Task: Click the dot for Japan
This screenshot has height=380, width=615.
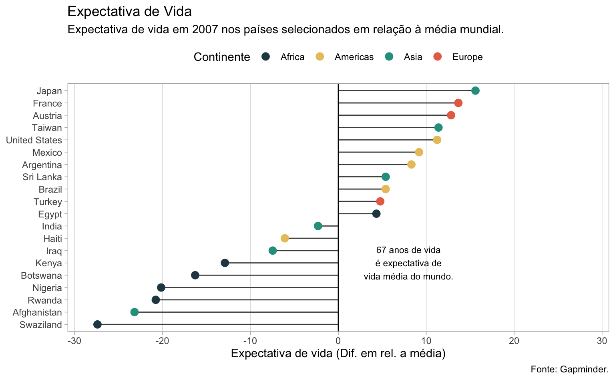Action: pyautogui.click(x=475, y=90)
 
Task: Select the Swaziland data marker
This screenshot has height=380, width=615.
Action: pyautogui.click(x=97, y=324)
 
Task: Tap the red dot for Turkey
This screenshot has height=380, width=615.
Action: pyautogui.click(x=380, y=201)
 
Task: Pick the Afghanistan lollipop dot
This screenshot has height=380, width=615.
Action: pyautogui.click(x=135, y=312)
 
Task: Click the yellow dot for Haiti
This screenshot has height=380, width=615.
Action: pyautogui.click(x=285, y=238)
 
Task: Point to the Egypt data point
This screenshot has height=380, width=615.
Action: pyautogui.click(x=376, y=214)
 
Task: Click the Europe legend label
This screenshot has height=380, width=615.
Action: pyautogui.click(x=467, y=57)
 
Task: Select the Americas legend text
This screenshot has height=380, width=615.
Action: pyautogui.click(x=354, y=57)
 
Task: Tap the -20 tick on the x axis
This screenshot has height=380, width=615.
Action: pyautogui.click(x=162, y=341)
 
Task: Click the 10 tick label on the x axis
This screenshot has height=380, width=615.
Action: pyautogui.click(x=426, y=341)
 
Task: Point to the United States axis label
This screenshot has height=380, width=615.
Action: pyautogui.click(x=34, y=140)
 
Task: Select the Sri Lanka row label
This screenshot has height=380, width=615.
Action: pyautogui.click(x=42, y=177)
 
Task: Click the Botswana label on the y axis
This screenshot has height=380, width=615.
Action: pyautogui.click(x=41, y=275)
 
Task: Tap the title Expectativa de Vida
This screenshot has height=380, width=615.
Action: pyautogui.click(x=129, y=11)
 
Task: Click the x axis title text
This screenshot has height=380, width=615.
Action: pyautogui.click(x=338, y=354)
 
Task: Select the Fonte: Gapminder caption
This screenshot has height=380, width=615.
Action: pyautogui.click(x=569, y=369)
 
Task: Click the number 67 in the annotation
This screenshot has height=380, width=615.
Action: pyautogui.click(x=381, y=250)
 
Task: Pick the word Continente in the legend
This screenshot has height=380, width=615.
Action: pyautogui.click(x=222, y=57)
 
